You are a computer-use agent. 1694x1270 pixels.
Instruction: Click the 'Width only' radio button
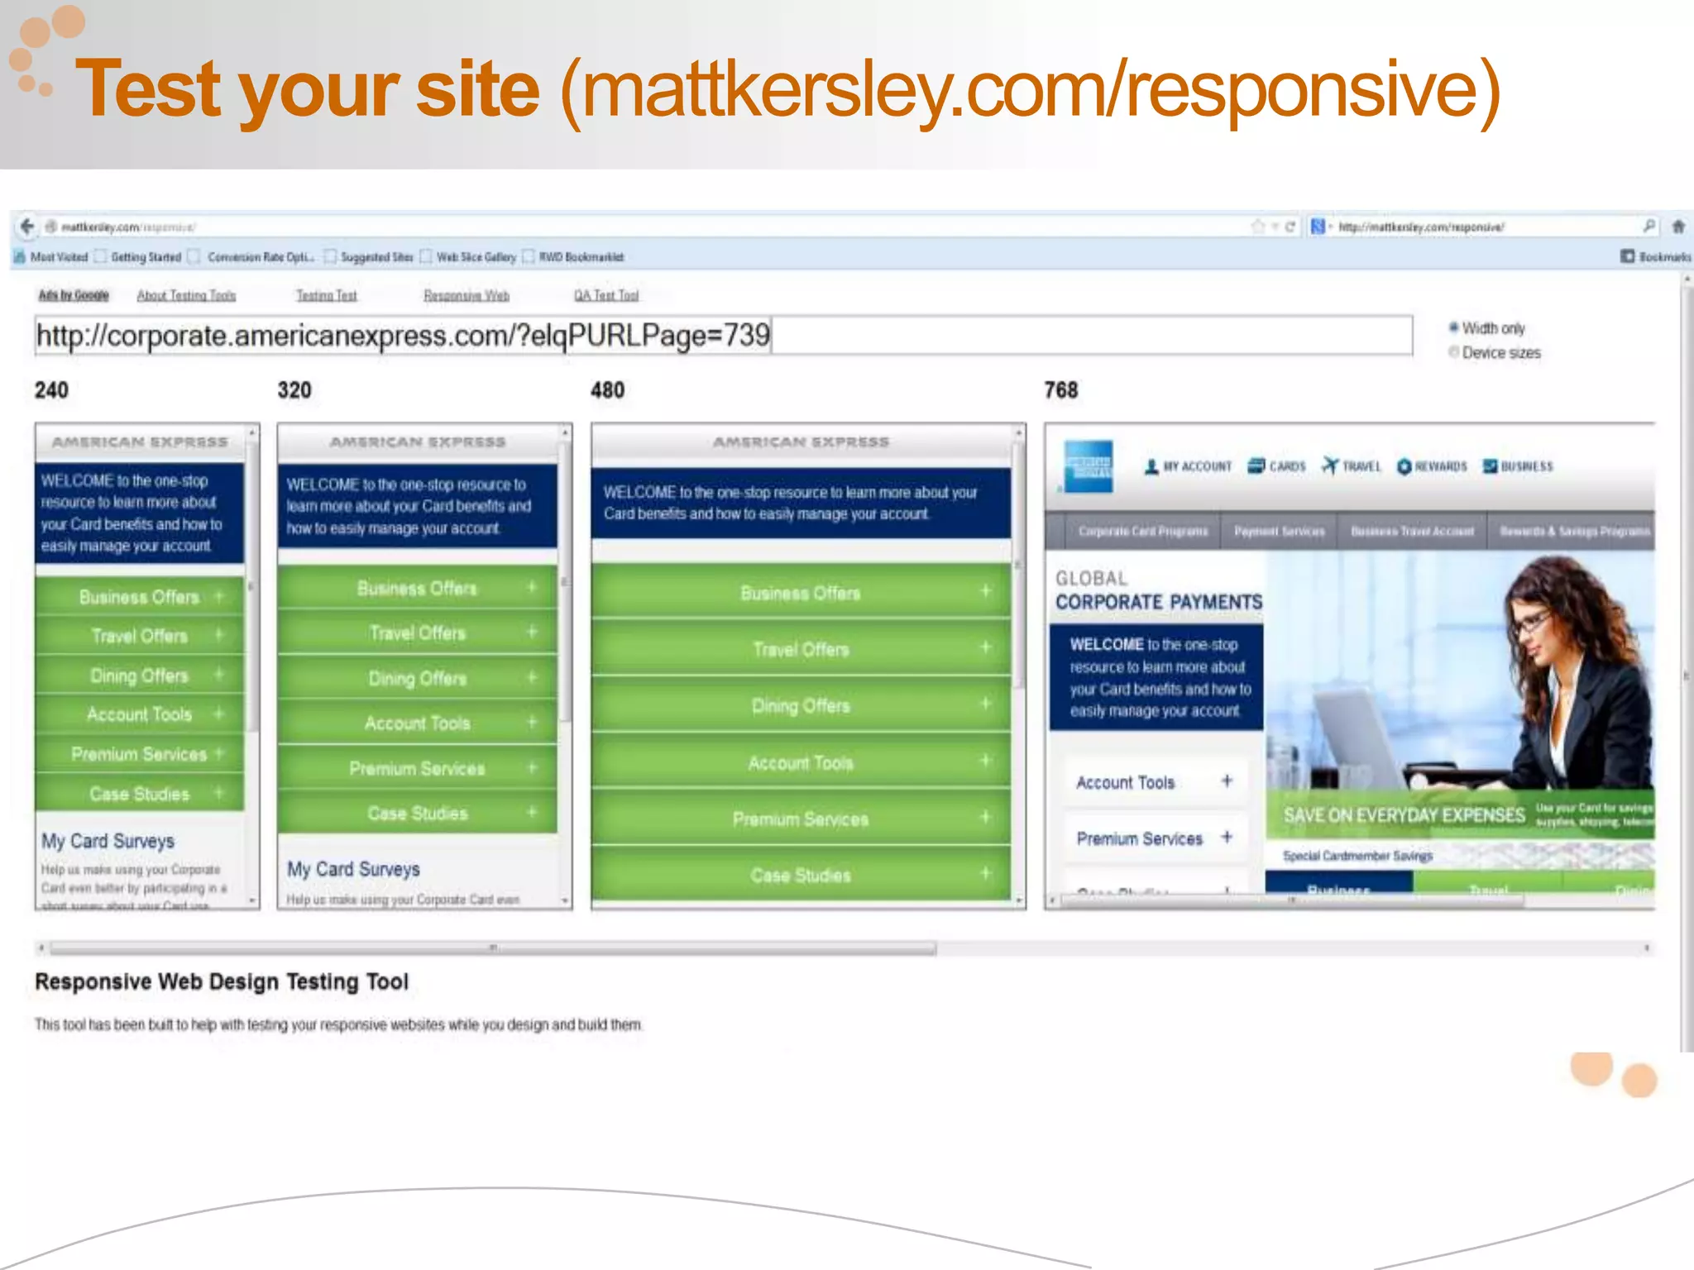click(x=1453, y=327)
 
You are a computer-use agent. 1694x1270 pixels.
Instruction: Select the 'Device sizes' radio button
click(x=1453, y=352)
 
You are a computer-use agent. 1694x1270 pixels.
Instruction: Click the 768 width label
click(x=1060, y=390)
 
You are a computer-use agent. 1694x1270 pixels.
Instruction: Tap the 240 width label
click(x=51, y=390)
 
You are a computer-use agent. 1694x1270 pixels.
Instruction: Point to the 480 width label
click(x=607, y=390)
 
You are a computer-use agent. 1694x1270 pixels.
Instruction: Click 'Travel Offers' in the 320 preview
click(x=418, y=633)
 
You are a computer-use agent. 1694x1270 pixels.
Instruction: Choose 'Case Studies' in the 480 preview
click(x=801, y=875)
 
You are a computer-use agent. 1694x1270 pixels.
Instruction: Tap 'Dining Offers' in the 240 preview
click(x=139, y=676)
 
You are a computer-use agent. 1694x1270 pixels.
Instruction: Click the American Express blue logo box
click(x=1089, y=466)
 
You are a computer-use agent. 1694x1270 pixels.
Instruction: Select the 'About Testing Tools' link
click(x=186, y=295)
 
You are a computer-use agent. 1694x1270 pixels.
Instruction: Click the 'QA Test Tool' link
click(x=606, y=295)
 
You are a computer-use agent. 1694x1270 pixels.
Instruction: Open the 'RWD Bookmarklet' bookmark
click(x=581, y=257)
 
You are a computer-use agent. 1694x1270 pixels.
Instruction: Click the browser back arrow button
click(x=27, y=226)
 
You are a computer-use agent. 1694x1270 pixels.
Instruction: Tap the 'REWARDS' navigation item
click(x=1432, y=466)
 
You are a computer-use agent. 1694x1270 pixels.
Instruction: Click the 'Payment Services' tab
click(x=1279, y=531)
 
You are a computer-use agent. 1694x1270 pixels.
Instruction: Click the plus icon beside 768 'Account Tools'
click(x=1227, y=781)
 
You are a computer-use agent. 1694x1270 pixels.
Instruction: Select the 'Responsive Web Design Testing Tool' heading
click(x=222, y=981)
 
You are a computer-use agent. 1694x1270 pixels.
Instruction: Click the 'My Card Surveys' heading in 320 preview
click(x=353, y=869)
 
